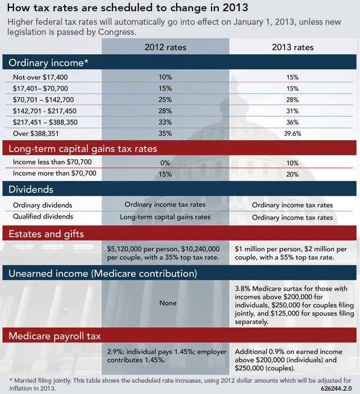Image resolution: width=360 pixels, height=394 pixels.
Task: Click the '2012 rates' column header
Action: pos(165,47)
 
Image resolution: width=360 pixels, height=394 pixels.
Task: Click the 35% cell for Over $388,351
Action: pos(165,134)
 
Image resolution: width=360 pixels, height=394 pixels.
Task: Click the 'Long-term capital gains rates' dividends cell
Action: pos(165,217)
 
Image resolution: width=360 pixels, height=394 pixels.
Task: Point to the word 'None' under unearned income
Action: pos(168,303)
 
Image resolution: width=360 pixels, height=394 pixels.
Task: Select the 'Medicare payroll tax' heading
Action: pos(54,337)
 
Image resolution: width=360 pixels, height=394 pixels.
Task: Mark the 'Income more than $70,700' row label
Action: pos(51,174)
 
